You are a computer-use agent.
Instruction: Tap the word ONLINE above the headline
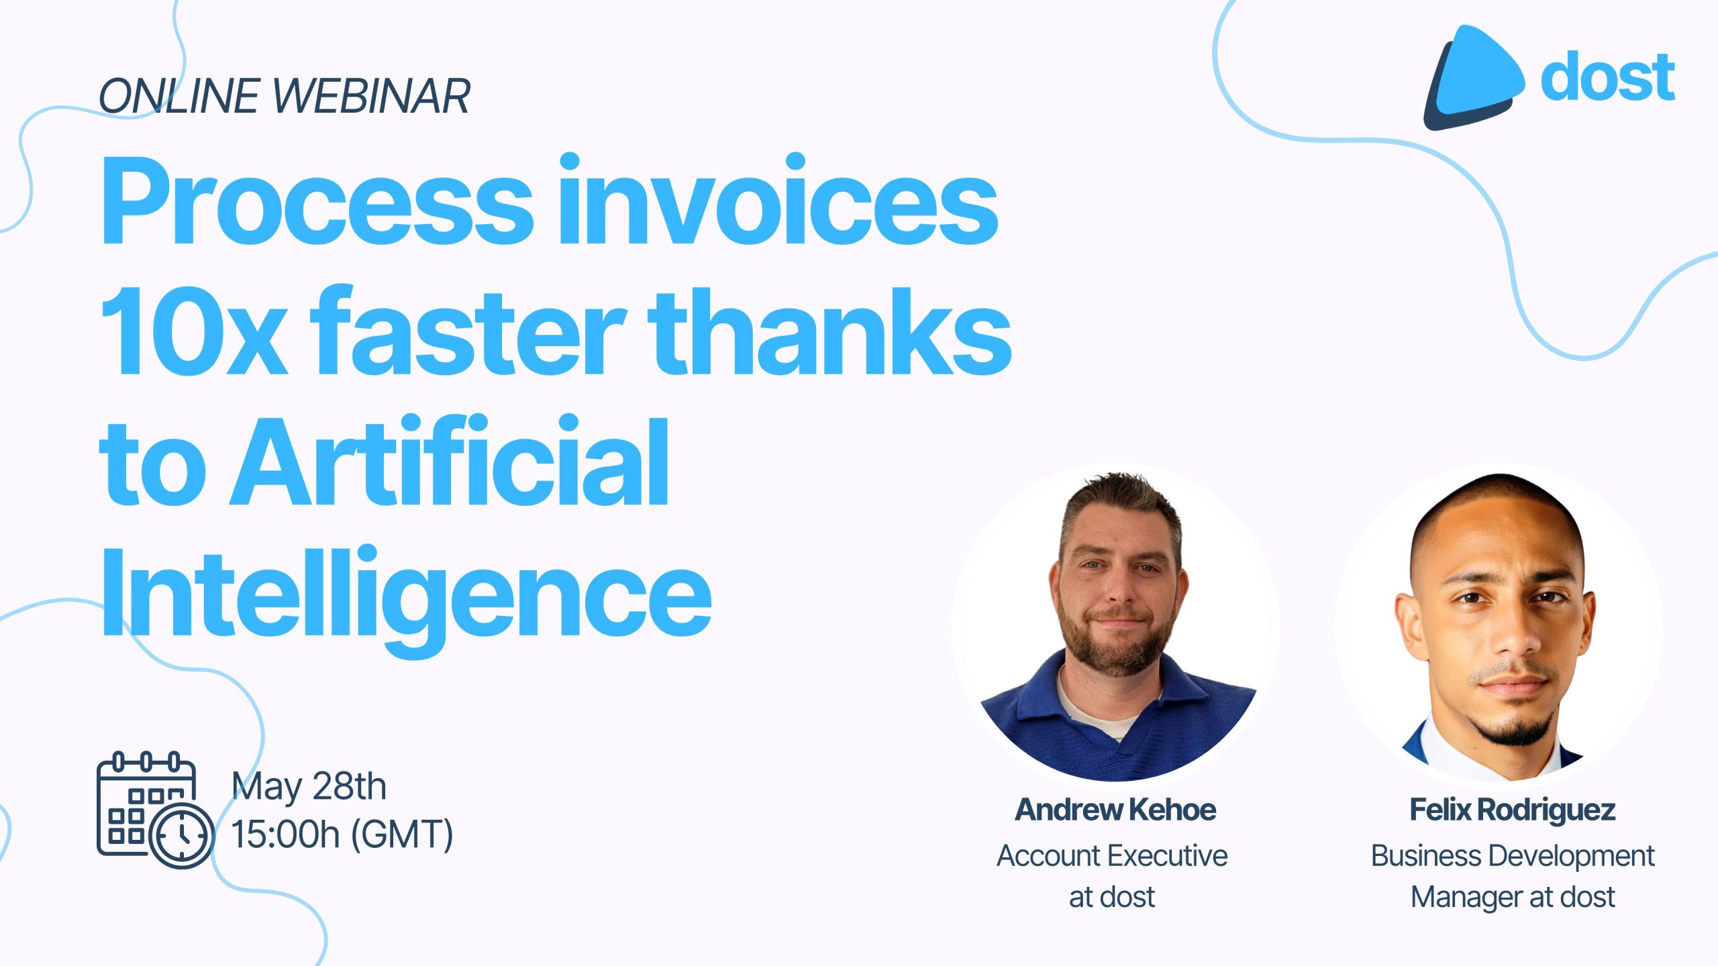point(180,96)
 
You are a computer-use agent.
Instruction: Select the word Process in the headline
point(317,201)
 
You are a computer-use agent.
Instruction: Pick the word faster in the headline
point(469,329)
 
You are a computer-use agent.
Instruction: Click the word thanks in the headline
point(829,329)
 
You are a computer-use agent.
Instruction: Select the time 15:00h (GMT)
point(342,834)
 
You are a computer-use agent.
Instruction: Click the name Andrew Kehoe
point(1115,810)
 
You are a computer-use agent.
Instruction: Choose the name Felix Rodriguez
point(1513,810)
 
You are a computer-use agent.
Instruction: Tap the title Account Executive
point(1112,856)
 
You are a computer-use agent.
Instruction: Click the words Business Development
point(1513,857)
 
